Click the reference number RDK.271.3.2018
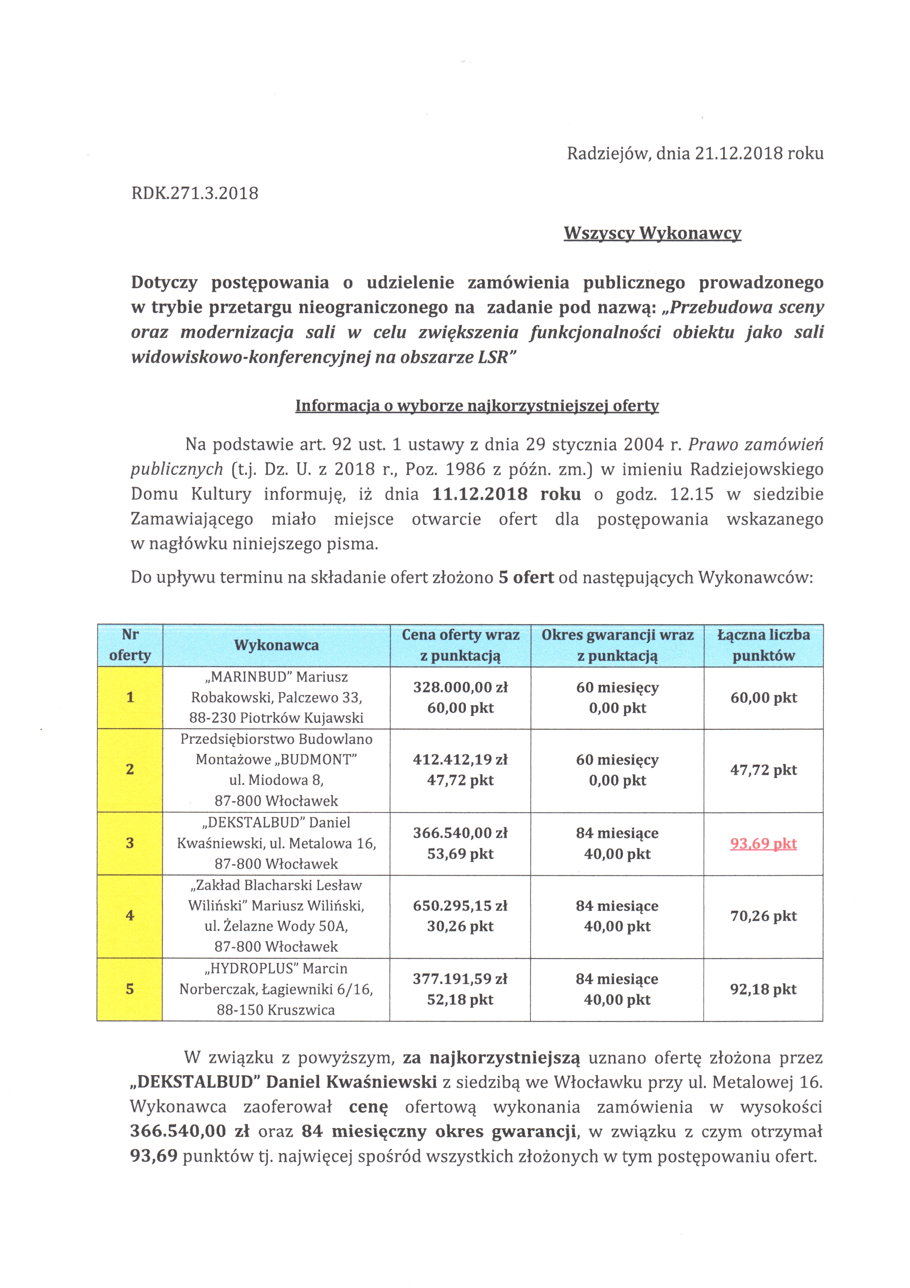coord(194,193)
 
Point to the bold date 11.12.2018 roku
coord(506,494)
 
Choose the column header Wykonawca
coord(277,645)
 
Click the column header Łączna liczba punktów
coord(763,645)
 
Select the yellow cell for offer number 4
coord(130,916)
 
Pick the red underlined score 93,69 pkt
coord(763,844)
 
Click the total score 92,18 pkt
coord(763,989)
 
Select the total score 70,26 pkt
coord(763,916)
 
